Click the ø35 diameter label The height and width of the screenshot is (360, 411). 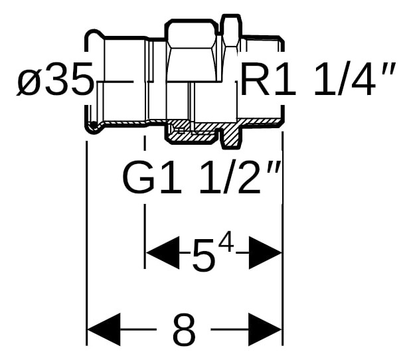click(55, 79)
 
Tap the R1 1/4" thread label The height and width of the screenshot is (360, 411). click(317, 78)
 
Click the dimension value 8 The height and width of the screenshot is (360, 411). click(185, 329)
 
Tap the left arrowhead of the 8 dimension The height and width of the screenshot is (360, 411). click(104, 329)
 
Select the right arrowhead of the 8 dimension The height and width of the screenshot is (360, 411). click(266, 329)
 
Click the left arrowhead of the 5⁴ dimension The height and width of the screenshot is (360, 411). click(163, 253)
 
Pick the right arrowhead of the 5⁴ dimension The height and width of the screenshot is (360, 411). click(266, 253)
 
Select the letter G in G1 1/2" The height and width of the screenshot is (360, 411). click(139, 177)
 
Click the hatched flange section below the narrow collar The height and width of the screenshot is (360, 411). click(231, 135)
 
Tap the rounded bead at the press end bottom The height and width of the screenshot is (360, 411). click(92, 127)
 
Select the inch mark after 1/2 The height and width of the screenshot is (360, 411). click(274, 167)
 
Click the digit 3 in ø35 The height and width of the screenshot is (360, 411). click(57, 79)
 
